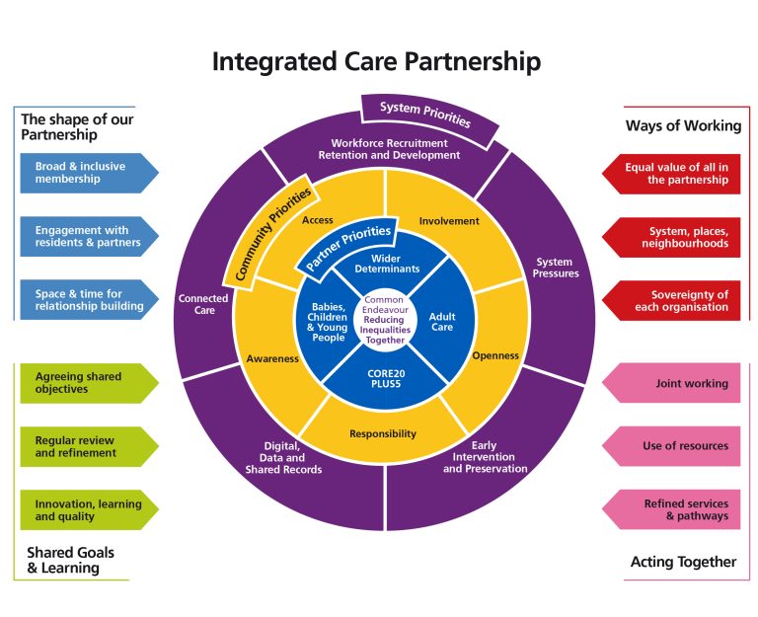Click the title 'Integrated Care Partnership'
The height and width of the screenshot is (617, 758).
pos(376,61)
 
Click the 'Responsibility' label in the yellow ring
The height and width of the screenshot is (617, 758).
pos(383,433)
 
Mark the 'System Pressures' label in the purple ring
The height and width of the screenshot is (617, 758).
pos(556,268)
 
